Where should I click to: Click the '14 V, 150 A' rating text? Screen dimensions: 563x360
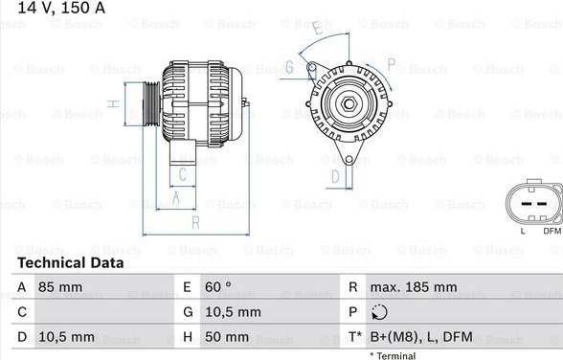(61, 8)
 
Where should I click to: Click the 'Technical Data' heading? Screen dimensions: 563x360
(71, 262)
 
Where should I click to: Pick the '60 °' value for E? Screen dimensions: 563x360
(218, 287)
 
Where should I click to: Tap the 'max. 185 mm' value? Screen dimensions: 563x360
(414, 287)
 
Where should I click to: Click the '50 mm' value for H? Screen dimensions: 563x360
(227, 337)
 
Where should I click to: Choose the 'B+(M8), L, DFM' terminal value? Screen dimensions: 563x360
(421, 337)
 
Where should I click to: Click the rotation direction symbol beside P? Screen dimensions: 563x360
(379, 312)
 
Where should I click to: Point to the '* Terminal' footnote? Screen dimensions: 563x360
(393, 356)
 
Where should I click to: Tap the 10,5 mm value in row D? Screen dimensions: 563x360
(66, 337)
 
